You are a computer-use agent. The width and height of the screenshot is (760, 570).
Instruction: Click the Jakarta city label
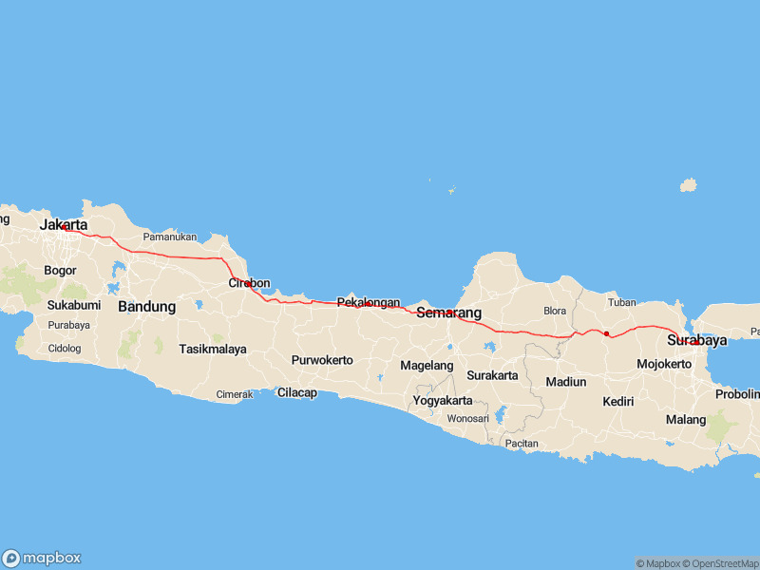pos(64,225)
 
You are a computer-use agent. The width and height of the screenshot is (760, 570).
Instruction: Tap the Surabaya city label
pos(696,340)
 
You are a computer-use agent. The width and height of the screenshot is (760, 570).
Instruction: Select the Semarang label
pos(448,313)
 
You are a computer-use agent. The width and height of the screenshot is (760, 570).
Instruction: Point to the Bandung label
pos(146,307)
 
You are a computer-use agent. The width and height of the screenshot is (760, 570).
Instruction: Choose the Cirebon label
pos(250,283)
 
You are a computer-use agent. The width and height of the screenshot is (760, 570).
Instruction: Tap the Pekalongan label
pos(369,302)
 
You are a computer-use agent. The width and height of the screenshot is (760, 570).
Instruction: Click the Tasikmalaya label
pos(213,349)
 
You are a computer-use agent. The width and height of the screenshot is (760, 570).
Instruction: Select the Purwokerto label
pos(322,360)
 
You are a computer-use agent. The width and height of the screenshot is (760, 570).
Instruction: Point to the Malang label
pos(685,419)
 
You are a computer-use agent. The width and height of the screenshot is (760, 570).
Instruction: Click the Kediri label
pos(617,402)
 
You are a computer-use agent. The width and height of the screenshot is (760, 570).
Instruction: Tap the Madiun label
pos(566,382)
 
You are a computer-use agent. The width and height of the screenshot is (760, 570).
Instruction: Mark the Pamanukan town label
pos(169,237)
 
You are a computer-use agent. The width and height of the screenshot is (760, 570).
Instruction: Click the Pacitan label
pos(522,444)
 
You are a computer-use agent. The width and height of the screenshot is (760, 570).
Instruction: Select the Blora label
pos(554,311)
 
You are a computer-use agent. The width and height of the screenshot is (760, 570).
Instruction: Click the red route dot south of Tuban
pos(606,333)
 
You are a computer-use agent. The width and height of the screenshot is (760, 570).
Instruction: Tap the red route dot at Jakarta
pos(64,227)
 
